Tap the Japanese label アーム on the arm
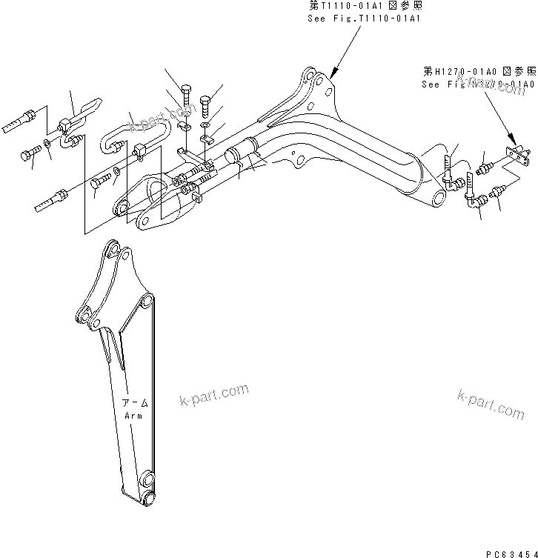click(x=136, y=404)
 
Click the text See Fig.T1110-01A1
click(x=364, y=18)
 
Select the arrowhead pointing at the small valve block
click(x=511, y=139)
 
